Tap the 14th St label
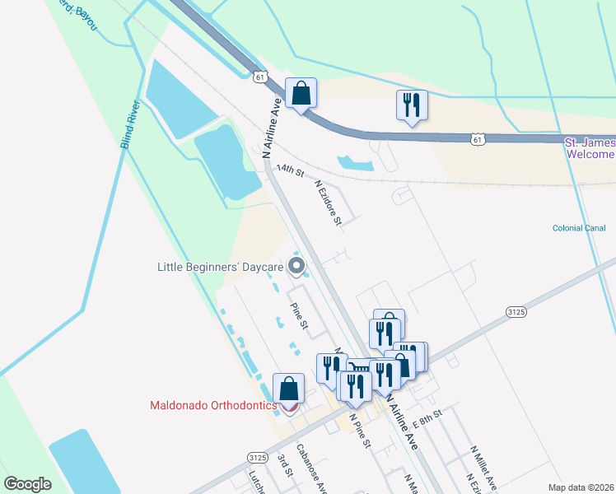pos(290,170)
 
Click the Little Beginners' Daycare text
pos(221,266)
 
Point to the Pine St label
pos(298,316)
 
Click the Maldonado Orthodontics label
pos(212,405)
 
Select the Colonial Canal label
pos(579,228)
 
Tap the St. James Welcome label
pos(590,149)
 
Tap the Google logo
pos(27,484)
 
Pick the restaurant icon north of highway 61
pos(411,105)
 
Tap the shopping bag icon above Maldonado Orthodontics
pos(288,388)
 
